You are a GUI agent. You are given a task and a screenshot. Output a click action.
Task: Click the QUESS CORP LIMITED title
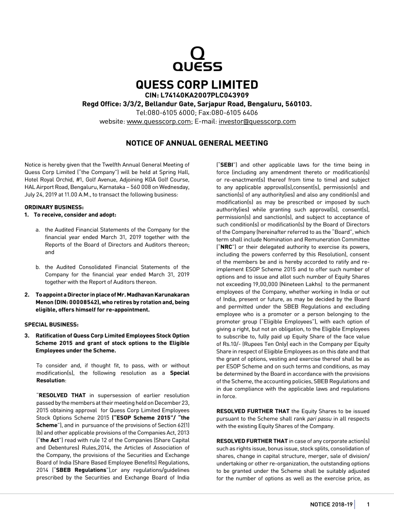(197, 84)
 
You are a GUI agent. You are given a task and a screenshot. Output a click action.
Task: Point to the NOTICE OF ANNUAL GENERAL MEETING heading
(197, 143)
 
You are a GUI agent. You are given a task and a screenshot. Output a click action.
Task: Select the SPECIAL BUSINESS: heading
(51, 324)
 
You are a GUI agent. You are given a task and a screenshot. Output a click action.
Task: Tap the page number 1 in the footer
(368, 505)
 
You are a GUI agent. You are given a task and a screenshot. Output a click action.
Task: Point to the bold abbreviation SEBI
(227, 165)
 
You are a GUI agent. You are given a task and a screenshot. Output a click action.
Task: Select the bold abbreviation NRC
(226, 246)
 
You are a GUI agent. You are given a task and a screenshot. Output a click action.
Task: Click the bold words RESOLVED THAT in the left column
(61, 395)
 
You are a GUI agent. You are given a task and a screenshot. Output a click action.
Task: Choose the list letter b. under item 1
(38, 267)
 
